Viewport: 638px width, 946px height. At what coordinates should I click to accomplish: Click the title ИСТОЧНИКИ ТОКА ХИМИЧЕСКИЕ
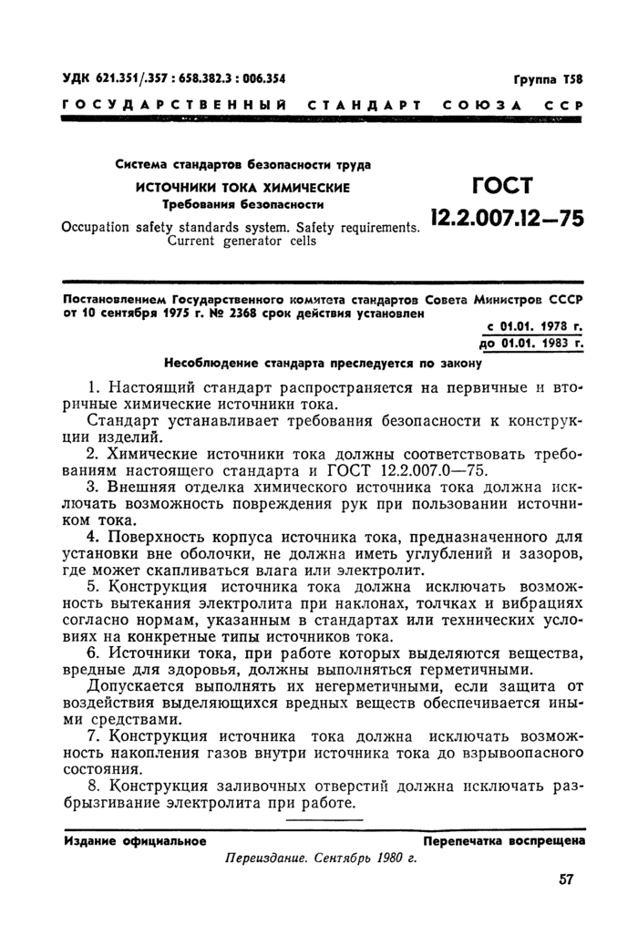[242, 186]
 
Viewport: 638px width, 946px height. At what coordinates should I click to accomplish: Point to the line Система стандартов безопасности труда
[242, 165]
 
